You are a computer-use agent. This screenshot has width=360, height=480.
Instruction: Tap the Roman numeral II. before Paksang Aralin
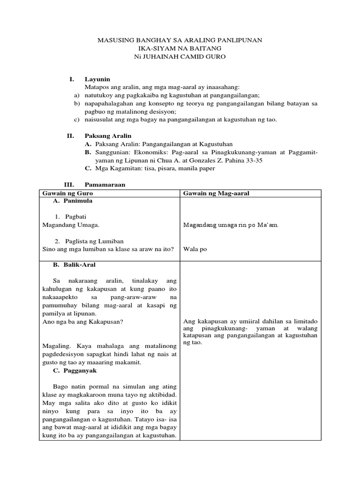(70, 135)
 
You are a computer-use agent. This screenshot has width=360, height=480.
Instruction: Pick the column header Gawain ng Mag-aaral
(216, 193)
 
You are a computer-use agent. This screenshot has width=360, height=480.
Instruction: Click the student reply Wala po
(195, 249)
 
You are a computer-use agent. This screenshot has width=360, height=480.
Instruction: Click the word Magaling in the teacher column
(56, 346)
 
